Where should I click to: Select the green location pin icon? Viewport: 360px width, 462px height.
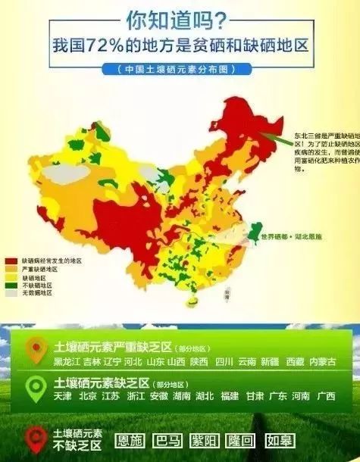[x=34, y=389]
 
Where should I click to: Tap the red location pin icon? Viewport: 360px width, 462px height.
[x=34, y=438]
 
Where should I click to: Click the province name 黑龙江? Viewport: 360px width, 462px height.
[x=66, y=361]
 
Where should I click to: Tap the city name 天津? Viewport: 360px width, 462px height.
[x=64, y=397]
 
